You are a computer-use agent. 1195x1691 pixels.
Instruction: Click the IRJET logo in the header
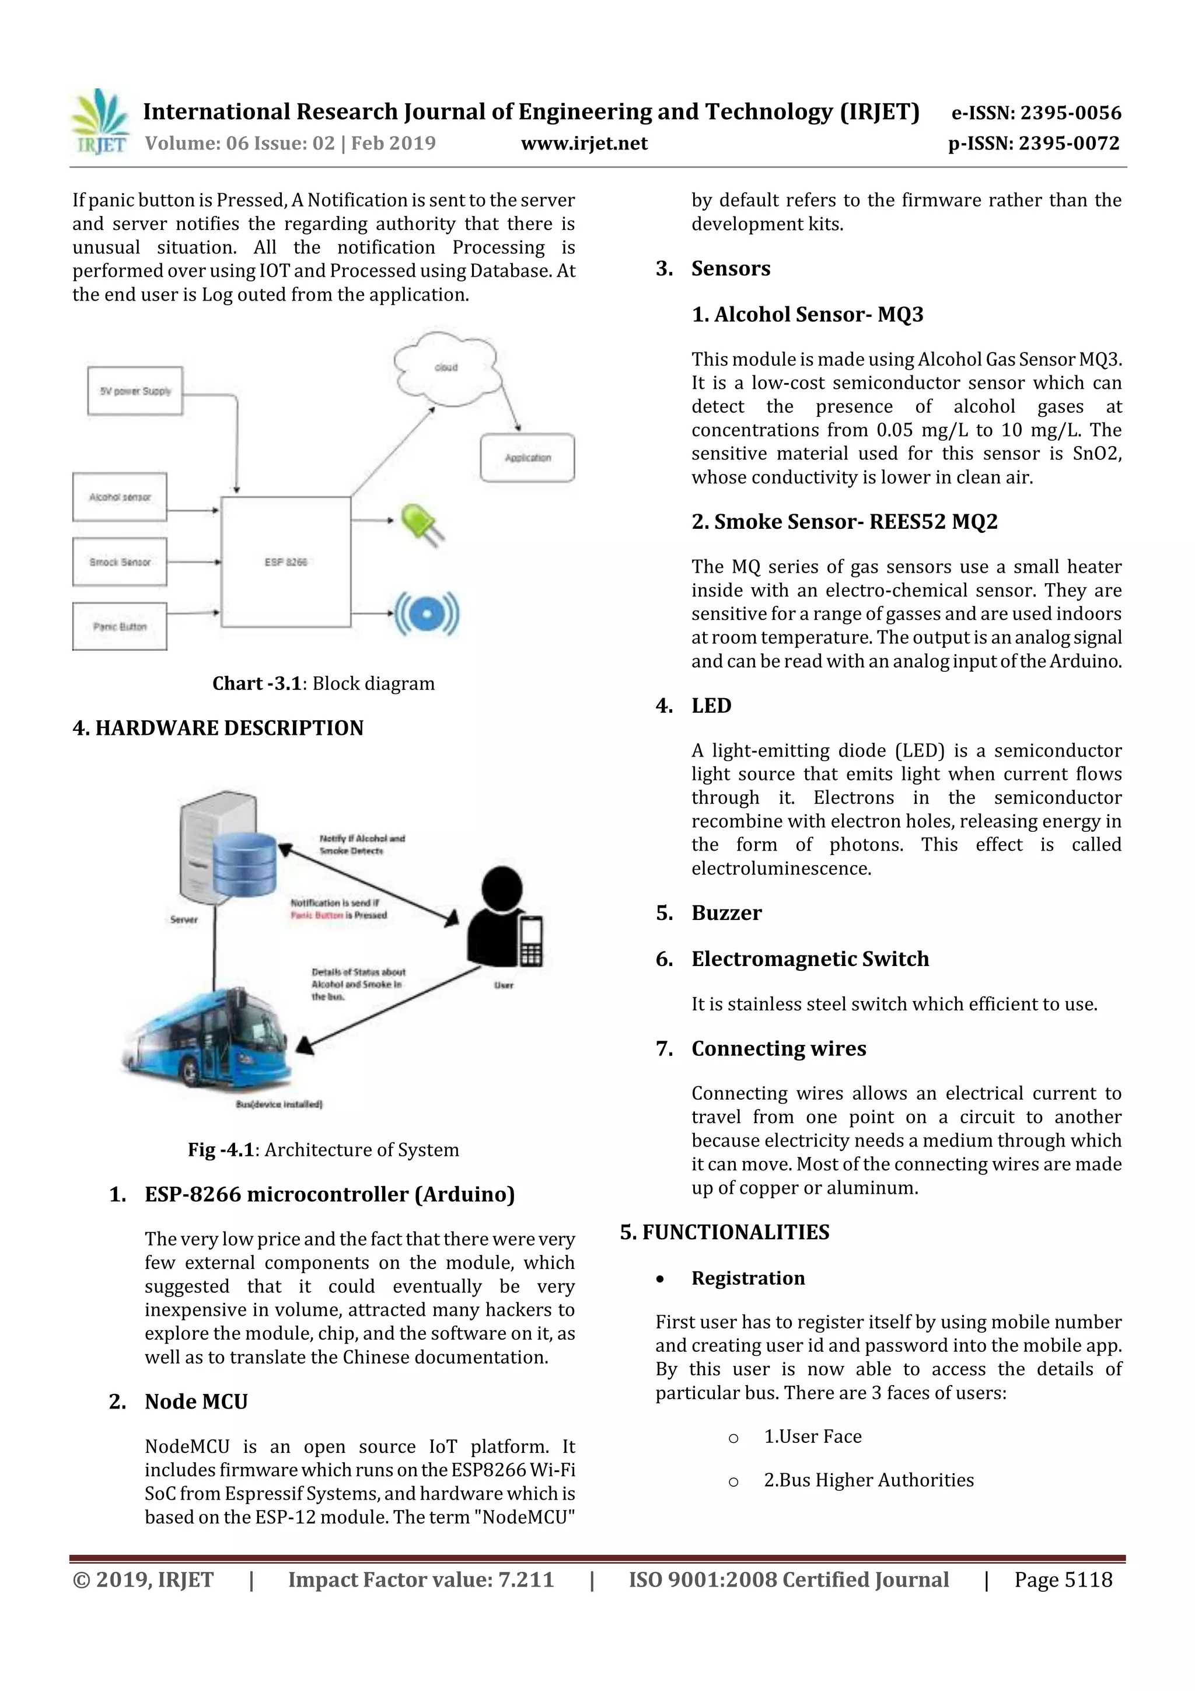tap(99, 121)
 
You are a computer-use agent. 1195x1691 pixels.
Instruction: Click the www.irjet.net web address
tap(584, 144)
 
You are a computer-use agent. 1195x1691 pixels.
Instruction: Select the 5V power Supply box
tap(135, 391)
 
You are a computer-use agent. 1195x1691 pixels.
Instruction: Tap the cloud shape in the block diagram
tap(445, 368)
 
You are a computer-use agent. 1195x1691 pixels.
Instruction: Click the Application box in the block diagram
tap(527, 458)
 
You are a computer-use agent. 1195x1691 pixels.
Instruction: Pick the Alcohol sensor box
tap(119, 497)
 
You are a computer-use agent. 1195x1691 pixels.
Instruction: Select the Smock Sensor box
tap(119, 562)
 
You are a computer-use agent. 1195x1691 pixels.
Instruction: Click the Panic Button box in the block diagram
tap(119, 627)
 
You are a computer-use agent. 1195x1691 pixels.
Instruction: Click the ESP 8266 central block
tap(286, 562)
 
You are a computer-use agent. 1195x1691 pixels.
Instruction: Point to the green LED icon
tap(422, 524)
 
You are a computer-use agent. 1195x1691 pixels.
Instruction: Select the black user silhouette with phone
tap(504, 917)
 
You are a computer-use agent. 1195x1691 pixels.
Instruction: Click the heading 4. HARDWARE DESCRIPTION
tap(218, 728)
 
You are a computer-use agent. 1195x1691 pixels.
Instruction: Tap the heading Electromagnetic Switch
tap(810, 959)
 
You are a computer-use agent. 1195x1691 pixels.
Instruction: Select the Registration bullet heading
tap(747, 1278)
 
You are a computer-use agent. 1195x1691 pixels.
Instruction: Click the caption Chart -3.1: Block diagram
tap(323, 684)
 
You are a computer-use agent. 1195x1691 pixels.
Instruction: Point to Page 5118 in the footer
tap(1063, 1579)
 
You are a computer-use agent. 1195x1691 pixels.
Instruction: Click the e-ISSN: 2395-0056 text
tap(1036, 113)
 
